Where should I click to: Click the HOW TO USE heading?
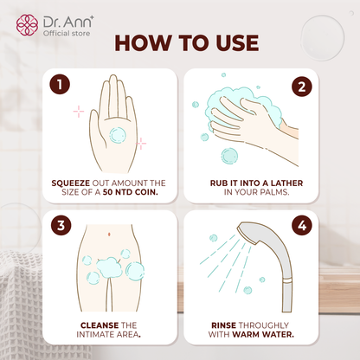(x=179, y=45)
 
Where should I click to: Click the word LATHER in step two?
(x=277, y=183)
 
